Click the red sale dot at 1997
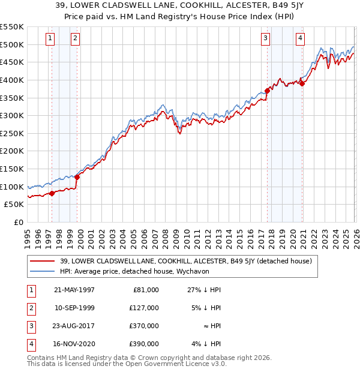coord(52,193)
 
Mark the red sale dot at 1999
coord(77,177)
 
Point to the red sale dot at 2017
coord(267,91)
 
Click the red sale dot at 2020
coord(302,84)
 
